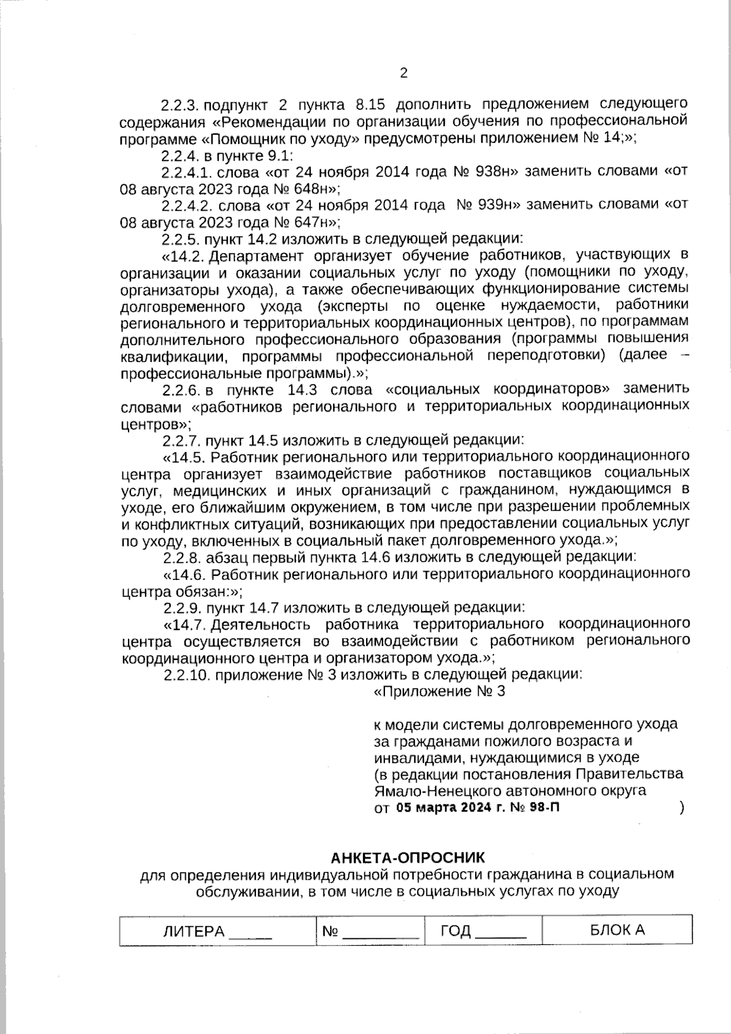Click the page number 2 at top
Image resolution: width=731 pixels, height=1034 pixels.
(403, 74)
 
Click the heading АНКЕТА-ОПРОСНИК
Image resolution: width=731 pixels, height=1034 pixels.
(408, 858)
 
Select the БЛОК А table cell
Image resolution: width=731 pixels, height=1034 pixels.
(617, 930)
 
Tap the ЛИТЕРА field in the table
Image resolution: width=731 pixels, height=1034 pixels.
(217, 932)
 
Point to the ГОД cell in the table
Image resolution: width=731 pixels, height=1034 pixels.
(483, 931)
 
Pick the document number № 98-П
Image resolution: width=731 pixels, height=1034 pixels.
(539, 808)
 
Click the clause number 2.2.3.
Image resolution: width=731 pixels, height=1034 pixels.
(182, 104)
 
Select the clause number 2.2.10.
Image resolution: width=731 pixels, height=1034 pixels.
(186, 675)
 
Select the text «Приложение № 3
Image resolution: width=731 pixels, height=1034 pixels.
(439, 692)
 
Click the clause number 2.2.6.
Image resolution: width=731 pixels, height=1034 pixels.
(182, 389)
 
